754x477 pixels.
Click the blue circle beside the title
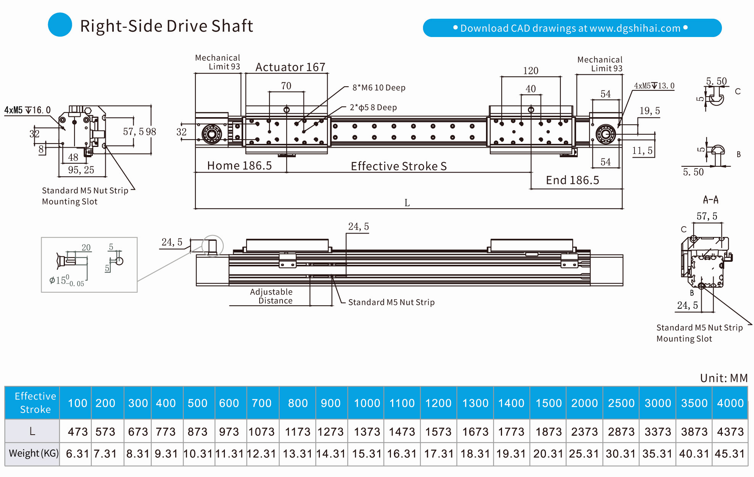click(x=60, y=25)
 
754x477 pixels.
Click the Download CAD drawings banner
click(x=572, y=28)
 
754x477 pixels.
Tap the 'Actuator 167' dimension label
click(x=290, y=67)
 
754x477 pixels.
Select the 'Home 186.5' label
click(x=239, y=166)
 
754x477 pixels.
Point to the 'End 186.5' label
click(x=572, y=180)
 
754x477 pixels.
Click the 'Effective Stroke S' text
click(x=399, y=166)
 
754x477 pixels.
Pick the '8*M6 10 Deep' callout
click(x=379, y=88)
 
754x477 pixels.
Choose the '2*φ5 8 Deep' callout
click(x=373, y=108)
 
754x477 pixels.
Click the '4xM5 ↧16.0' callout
click(x=27, y=110)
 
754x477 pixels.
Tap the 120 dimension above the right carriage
click(x=531, y=71)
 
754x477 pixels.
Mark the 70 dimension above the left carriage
click(x=286, y=86)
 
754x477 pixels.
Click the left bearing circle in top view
click(x=212, y=134)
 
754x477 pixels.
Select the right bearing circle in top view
click(x=605, y=134)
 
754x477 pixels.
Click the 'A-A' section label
click(x=710, y=200)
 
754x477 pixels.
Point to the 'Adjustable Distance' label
click(x=271, y=296)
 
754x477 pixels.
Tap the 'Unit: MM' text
click(x=723, y=378)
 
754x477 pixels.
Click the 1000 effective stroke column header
click(x=367, y=403)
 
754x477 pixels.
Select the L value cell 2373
click(x=584, y=432)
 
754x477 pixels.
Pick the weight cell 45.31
click(x=730, y=454)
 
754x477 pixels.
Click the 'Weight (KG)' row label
click(x=34, y=453)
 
